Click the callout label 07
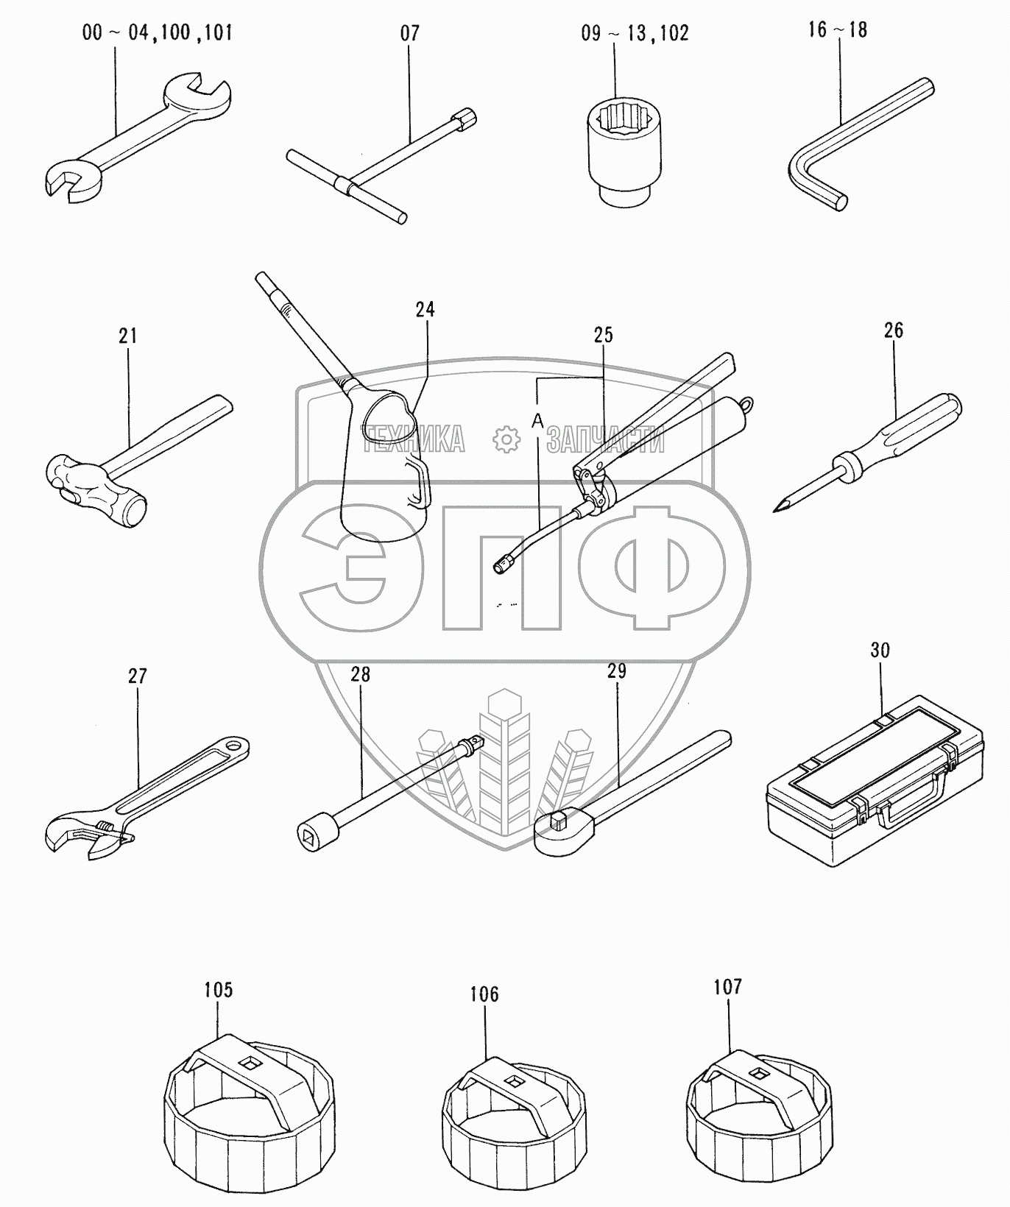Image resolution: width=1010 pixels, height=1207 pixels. click(410, 33)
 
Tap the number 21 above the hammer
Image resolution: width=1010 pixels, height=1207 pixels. click(128, 336)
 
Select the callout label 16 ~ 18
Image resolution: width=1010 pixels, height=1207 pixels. click(838, 29)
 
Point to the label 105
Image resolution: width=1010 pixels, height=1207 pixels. click(218, 990)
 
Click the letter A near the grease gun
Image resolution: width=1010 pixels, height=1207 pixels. click(537, 420)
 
